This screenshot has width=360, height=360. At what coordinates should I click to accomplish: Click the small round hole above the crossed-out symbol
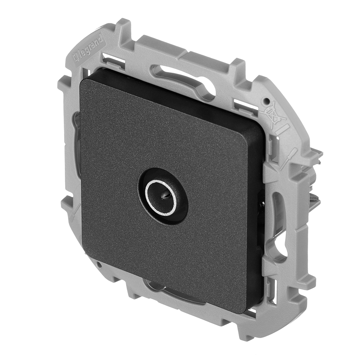[267, 100]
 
